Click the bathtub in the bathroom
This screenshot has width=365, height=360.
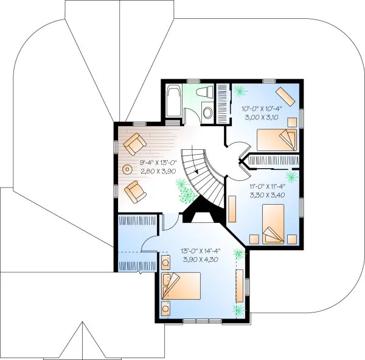173,102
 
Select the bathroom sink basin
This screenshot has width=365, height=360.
206,113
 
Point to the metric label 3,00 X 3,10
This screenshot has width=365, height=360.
261,116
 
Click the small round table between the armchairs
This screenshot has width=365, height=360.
128,169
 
